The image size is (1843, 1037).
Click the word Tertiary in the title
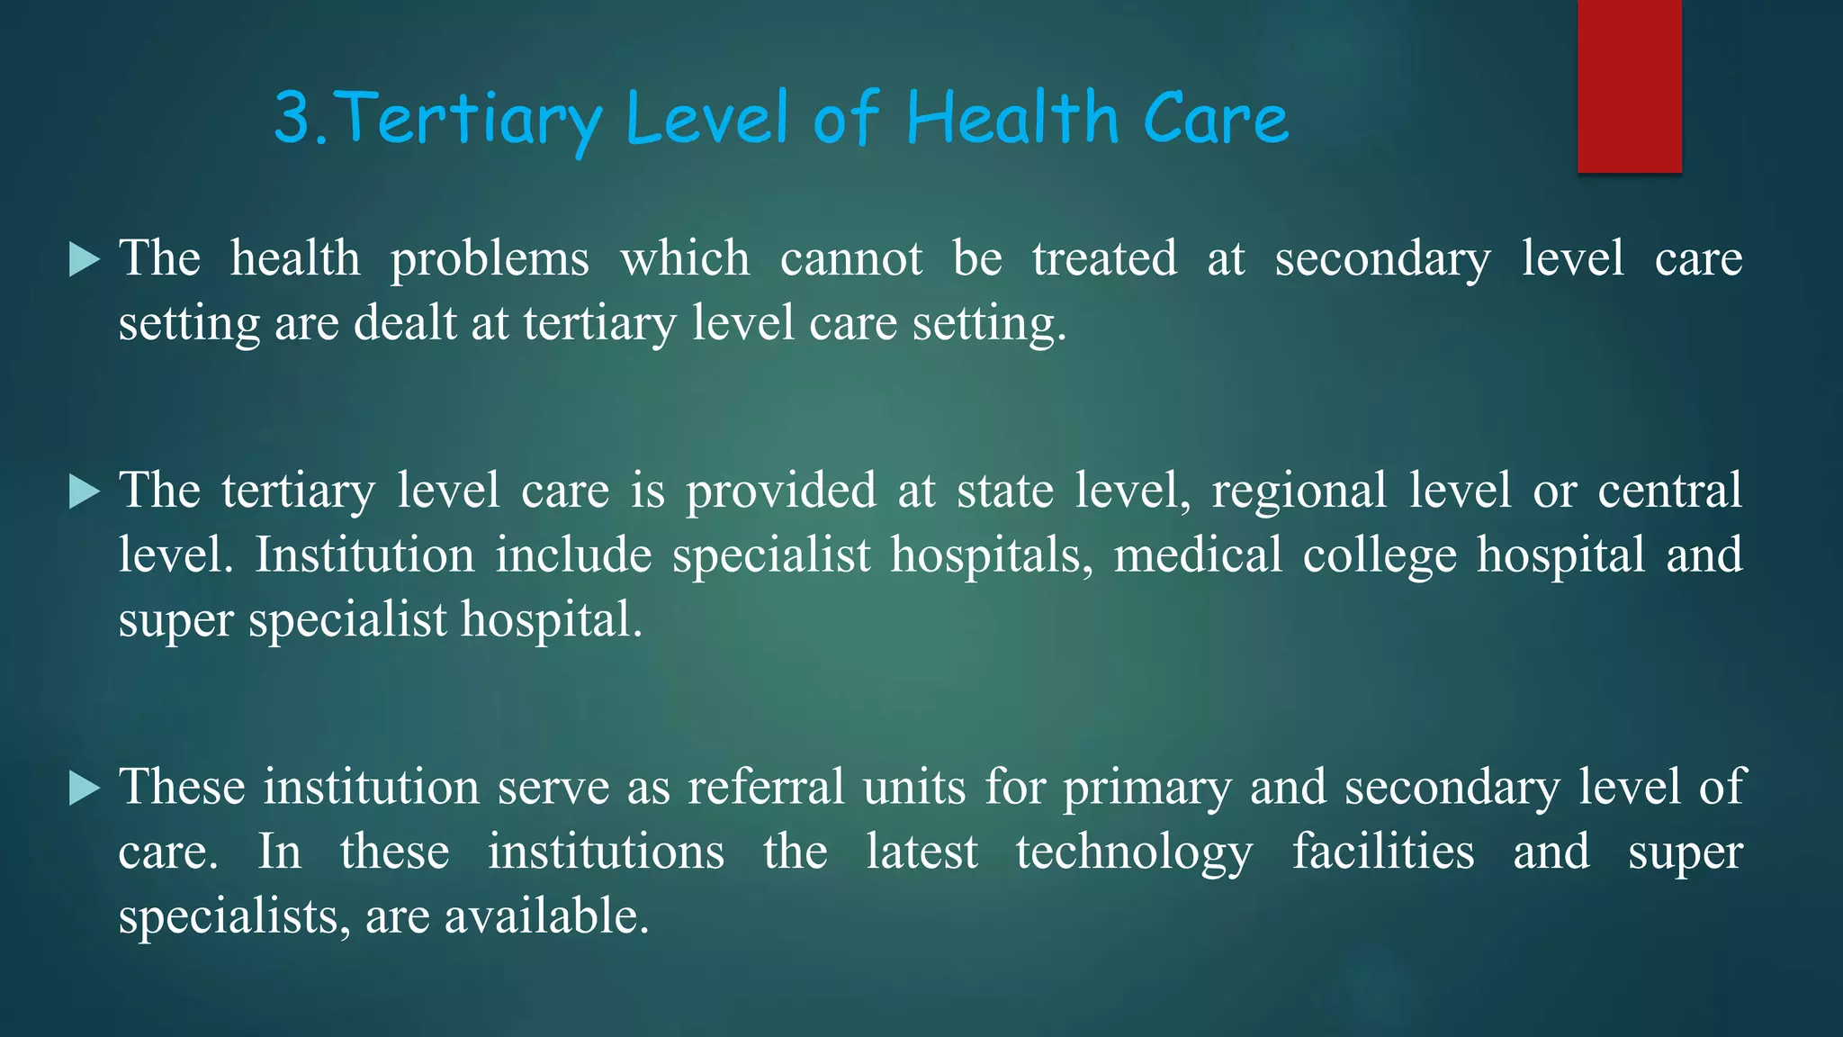pos(472,119)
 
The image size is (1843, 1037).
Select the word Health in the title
pos(1011,118)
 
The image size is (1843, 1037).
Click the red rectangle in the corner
pos(1629,86)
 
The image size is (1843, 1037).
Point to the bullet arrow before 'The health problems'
pos(84,260)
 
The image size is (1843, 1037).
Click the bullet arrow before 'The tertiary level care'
pos(84,491)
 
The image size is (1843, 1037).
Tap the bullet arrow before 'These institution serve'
pos(84,789)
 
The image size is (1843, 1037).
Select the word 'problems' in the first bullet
pos(490,260)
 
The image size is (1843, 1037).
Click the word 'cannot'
pos(850,259)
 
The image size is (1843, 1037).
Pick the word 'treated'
pos(1104,259)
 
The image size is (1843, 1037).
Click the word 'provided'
pos(781,492)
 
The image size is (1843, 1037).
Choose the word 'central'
pos(1669,491)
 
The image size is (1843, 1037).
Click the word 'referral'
pos(766,788)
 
